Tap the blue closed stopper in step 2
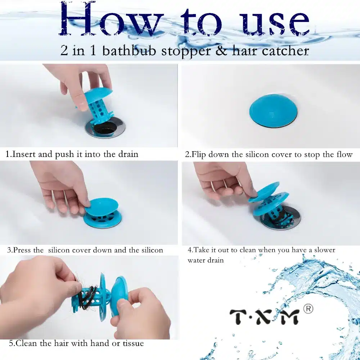273,110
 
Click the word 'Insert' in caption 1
24,154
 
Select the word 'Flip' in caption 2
199,154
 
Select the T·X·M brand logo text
264,316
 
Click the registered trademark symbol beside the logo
308,309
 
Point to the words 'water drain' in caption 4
205,260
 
